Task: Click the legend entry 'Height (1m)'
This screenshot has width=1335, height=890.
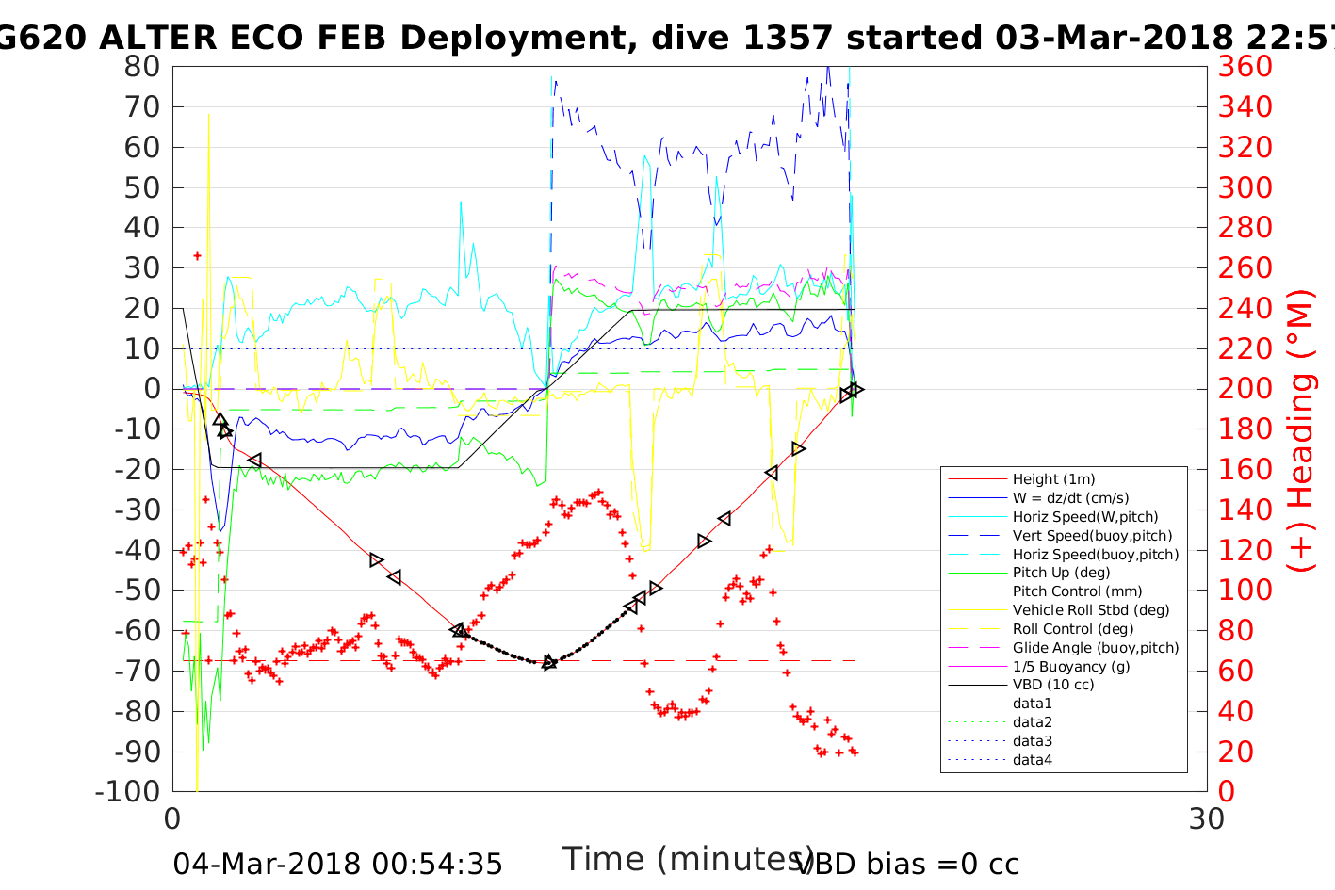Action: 1053,479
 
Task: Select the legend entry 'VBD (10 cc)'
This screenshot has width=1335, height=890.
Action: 1053,685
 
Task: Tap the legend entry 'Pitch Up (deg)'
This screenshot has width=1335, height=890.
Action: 1061,573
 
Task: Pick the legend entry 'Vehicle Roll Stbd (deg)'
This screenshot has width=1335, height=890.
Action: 1091,610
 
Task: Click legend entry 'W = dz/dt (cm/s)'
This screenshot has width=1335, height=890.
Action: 1070,498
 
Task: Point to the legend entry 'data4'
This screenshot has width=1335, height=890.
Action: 1032,760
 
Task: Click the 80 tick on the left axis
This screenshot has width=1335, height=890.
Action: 141,67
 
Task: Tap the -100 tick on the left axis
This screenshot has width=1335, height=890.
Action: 127,791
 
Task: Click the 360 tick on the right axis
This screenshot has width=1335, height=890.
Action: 1245,67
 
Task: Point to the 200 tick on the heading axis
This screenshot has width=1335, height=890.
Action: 1245,389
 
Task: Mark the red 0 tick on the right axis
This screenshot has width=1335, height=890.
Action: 1226,791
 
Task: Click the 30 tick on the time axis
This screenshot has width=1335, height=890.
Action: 1206,819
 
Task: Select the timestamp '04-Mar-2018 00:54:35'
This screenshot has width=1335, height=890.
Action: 337,865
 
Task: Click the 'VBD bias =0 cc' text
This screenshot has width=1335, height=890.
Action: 907,865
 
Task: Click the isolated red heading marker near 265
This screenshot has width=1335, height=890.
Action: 197,255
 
